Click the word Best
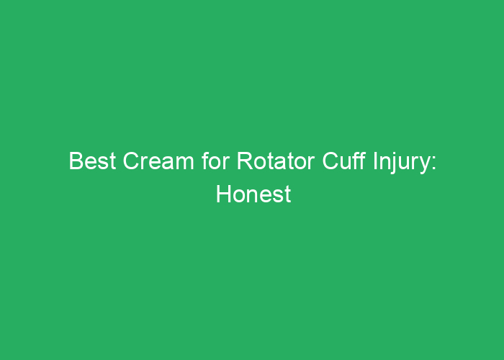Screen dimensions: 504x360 click(x=92, y=161)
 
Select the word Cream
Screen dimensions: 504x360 click(x=158, y=161)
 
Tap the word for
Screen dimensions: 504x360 click(x=216, y=161)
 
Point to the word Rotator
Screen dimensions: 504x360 click(x=276, y=161)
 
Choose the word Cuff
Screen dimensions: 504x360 click(x=343, y=161)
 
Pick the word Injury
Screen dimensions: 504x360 click(x=401, y=163)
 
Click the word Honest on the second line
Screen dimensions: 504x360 click(x=253, y=194)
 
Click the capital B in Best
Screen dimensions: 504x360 click(x=76, y=161)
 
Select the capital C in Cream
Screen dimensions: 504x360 click(x=132, y=161)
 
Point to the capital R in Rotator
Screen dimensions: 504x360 click(x=245, y=161)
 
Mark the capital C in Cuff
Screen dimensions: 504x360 click(x=330, y=161)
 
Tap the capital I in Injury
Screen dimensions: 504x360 click(x=375, y=161)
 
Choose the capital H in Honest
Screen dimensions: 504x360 click(x=224, y=194)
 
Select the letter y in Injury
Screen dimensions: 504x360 click(x=423, y=166)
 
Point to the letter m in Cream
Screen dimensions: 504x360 click(x=185, y=163)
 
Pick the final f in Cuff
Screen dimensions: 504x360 click(x=362, y=161)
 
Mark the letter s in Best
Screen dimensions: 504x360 click(x=103, y=163)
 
